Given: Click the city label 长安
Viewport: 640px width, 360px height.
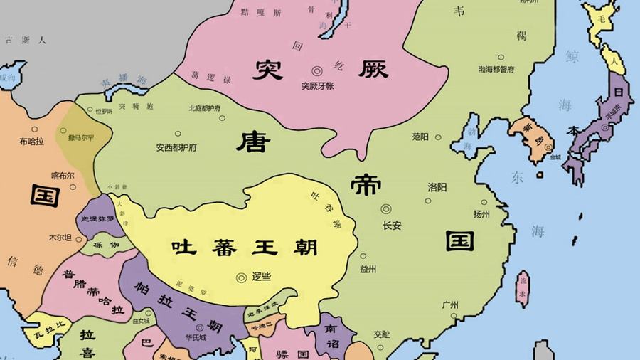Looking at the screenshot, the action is pyautogui.click(x=392, y=226).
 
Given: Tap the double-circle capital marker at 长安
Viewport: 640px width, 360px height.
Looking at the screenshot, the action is pyautogui.click(x=386, y=209).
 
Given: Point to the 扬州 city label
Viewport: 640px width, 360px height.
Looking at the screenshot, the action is pyautogui.click(x=481, y=213).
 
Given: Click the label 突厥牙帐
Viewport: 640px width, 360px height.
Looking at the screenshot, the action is pyautogui.click(x=317, y=86).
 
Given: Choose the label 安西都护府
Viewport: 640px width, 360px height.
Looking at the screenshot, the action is pyautogui.click(x=177, y=149).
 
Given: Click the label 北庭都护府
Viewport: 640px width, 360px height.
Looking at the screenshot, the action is pyautogui.click(x=204, y=109).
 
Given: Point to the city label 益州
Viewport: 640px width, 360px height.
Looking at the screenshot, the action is pyautogui.click(x=368, y=269).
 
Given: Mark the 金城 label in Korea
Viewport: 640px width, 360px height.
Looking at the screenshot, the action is pyautogui.click(x=554, y=157).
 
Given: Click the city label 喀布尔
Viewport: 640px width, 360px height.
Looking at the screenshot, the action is pyautogui.click(x=63, y=175).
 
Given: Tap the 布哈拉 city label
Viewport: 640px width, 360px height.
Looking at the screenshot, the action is pyautogui.click(x=32, y=142).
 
